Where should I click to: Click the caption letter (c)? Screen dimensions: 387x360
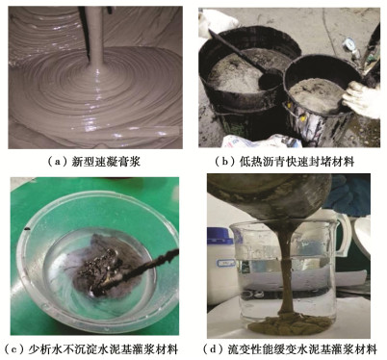point(13,348)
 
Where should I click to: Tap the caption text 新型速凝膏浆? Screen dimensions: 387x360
point(106,162)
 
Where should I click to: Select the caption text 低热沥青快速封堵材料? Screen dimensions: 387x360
point(297,162)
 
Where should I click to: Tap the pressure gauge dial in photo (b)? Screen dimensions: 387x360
point(348,43)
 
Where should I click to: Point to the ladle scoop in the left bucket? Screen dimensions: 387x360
point(270,80)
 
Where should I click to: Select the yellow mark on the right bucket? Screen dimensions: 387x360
point(301,118)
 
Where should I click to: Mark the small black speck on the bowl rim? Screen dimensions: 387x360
point(27,229)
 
